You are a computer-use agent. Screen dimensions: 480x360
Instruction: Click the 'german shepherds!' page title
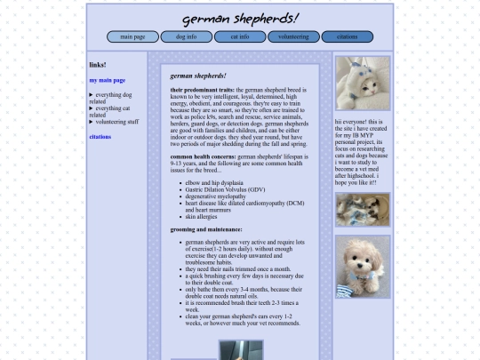pos(240,19)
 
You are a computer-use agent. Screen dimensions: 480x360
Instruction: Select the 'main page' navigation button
pos(132,37)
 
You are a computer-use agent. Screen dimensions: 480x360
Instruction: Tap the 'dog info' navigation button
pos(186,37)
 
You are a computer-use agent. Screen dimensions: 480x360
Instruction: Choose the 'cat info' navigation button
pos(240,37)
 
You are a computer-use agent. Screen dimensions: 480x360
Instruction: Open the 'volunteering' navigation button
pos(293,37)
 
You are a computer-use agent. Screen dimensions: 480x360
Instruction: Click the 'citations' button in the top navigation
pos(347,37)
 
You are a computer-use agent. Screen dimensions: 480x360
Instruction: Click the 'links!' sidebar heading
pos(98,65)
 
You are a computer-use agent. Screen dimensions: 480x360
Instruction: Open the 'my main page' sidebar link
pos(107,80)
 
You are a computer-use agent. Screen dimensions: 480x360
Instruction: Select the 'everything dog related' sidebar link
pos(112,98)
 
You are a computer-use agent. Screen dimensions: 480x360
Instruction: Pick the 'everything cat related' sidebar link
pos(112,111)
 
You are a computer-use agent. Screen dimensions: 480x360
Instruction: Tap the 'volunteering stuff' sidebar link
pos(116,122)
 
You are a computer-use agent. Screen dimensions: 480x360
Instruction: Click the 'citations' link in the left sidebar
pos(100,137)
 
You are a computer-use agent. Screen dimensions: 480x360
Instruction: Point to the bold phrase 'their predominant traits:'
pos(202,91)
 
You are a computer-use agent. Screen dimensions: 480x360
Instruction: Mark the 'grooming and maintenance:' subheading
pos(205,229)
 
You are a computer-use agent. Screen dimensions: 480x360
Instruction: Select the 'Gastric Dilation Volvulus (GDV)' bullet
pos(225,189)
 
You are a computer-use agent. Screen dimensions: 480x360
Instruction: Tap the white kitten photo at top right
pos(363,84)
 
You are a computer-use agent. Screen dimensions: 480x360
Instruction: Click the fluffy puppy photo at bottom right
pos(363,267)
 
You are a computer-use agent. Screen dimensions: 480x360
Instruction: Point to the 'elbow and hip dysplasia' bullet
pos(216,182)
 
